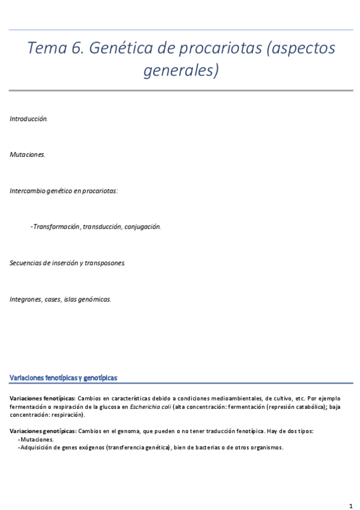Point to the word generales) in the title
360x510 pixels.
180,71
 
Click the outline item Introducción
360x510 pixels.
28,119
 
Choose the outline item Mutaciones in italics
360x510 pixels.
27,155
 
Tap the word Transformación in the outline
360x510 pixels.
56,227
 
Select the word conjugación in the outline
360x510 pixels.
140,227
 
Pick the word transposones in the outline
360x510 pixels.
105,263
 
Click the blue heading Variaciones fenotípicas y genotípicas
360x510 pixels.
63,378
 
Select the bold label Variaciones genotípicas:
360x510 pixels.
43,431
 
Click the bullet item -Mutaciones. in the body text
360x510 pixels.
37,440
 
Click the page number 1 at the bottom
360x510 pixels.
350,505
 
